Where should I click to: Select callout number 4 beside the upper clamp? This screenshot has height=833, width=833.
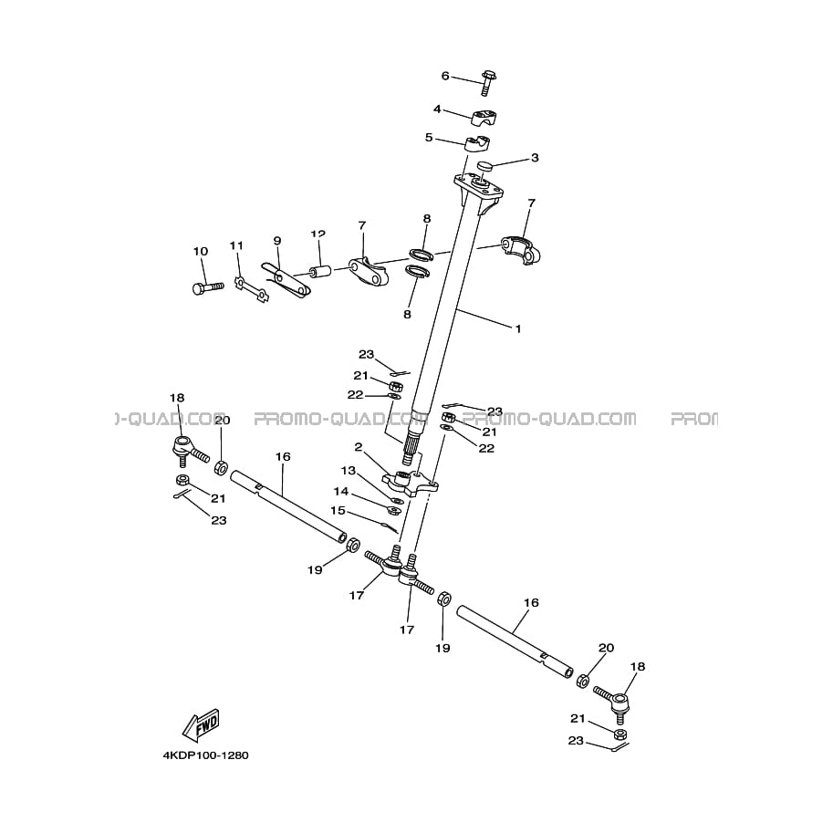pyautogui.click(x=437, y=109)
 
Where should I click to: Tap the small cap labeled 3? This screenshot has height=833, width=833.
pyautogui.click(x=485, y=166)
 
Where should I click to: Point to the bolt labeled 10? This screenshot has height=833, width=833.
pyautogui.click(x=207, y=287)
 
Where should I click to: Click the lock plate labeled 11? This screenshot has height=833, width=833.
pyautogui.click(x=252, y=289)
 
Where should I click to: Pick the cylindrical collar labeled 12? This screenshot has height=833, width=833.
pyautogui.click(x=321, y=272)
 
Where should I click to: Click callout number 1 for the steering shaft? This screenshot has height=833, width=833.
pyautogui.click(x=518, y=328)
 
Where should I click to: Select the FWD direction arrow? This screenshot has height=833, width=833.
pyautogui.click(x=201, y=724)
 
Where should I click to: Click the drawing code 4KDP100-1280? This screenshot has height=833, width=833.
pyautogui.click(x=205, y=755)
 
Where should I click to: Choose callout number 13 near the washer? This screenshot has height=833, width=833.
pyautogui.click(x=348, y=471)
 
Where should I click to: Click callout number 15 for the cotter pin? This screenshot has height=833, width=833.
pyautogui.click(x=338, y=511)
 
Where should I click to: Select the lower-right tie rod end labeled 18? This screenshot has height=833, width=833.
pyautogui.click(x=612, y=703)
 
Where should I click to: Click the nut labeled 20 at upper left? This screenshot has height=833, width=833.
pyautogui.click(x=221, y=468)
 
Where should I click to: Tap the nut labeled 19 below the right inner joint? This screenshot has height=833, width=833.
pyautogui.click(x=444, y=599)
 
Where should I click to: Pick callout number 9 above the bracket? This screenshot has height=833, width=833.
pyautogui.click(x=276, y=241)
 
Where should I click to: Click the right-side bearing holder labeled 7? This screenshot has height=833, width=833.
pyautogui.click(x=521, y=250)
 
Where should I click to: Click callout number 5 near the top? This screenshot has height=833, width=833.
pyautogui.click(x=428, y=138)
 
